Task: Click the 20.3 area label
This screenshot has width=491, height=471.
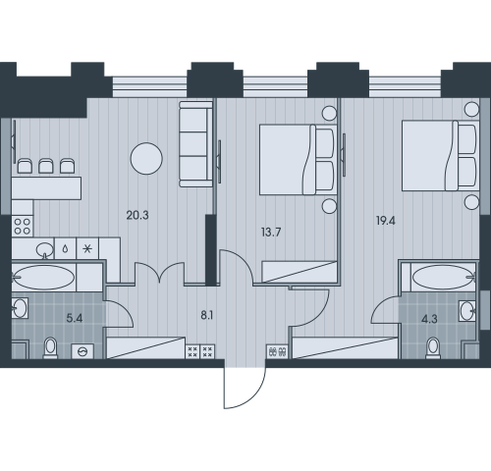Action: point(137,215)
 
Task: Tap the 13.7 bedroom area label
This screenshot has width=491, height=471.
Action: point(271,233)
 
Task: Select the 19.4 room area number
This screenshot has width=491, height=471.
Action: point(386,221)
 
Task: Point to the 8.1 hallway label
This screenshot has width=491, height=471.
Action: point(207,316)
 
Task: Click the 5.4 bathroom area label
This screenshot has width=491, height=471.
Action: point(75,318)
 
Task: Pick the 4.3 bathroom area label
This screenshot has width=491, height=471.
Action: point(429,319)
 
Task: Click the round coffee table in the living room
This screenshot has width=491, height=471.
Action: point(146,158)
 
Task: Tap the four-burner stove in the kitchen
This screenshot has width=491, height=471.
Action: point(23,227)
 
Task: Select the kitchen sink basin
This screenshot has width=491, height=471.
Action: point(45,250)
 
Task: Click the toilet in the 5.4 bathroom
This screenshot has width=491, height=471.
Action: point(50,347)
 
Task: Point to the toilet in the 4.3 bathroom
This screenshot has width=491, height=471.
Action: point(433,348)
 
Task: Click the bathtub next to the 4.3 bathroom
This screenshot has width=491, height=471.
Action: point(444,278)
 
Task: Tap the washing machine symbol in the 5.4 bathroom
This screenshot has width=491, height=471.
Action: point(82,351)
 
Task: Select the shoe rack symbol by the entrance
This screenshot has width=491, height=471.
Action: point(277,351)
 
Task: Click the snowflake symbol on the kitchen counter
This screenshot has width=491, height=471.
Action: point(87,249)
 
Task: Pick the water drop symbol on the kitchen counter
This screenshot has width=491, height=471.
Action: point(65,249)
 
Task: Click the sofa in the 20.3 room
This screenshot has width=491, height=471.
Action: point(195,144)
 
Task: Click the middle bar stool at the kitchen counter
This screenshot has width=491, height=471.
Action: point(46,166)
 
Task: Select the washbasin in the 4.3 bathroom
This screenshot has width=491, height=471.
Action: point(467,310)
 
